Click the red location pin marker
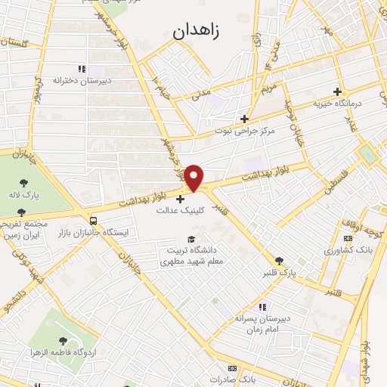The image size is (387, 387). point(194,178)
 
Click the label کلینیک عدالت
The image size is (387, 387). point(180,211)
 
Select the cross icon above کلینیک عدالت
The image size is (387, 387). point(180,200)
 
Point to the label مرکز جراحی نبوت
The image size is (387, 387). point(243,131)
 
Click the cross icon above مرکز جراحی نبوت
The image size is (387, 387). point(243,119)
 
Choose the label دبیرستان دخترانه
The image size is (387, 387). point(82,79)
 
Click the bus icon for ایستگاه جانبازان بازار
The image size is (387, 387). point(92,221)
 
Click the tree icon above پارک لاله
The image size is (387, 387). point(24,184)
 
